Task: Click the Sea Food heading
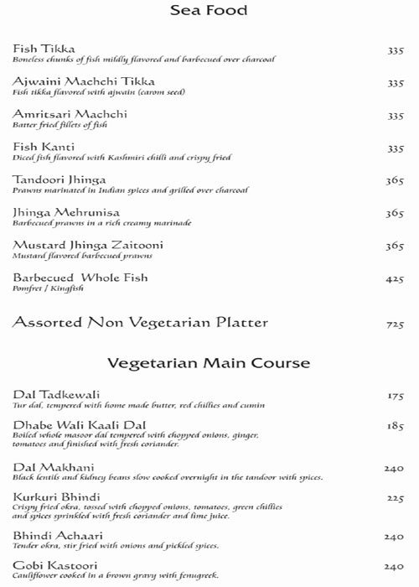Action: [209, 13]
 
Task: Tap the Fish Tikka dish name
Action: [39, 49]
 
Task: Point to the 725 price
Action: [395, 323]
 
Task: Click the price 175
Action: [395, 396]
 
